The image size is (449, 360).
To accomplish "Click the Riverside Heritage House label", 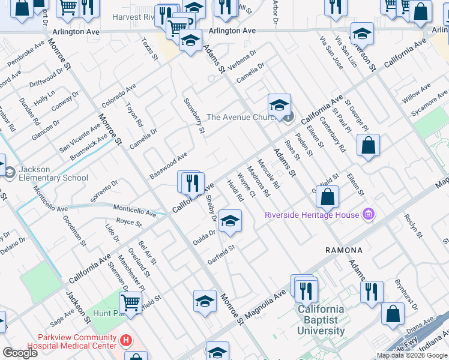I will (x=312, y=215).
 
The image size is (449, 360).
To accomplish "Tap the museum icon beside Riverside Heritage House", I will (x=369, y=215).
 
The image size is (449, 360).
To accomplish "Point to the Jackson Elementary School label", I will (x=53, y=173).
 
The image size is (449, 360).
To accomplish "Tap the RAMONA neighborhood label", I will (x=344, y=250).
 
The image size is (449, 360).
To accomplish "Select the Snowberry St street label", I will (x=194, y=115).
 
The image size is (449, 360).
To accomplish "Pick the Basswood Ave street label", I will (x=169, y=166).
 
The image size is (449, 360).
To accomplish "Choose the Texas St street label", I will (x=149, y=49).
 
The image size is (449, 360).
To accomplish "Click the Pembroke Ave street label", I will (x=26, y=54).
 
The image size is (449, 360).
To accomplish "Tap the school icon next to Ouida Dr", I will (x=230, y=221).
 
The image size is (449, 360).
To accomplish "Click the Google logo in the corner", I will (x=20, y=353).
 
